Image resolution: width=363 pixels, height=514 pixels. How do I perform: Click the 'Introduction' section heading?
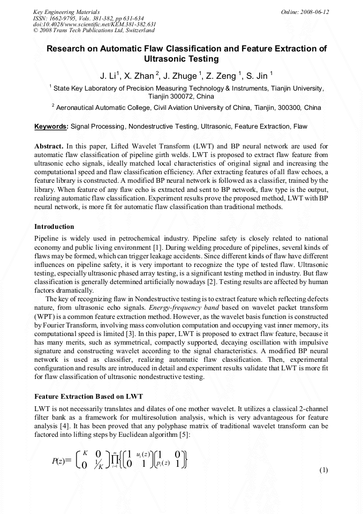[x=54, y=227]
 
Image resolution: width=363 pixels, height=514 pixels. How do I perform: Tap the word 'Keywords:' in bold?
[x=51, y=126]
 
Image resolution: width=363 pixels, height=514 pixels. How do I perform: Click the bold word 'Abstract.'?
[x=49, y=146]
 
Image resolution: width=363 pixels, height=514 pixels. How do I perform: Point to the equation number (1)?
[x=323, y=470]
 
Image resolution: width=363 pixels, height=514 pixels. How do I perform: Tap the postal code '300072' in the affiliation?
[x=163, y=96]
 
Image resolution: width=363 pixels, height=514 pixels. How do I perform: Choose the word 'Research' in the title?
[x=66, y=48]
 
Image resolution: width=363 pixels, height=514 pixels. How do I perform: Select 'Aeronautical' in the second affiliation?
[x=80, y=107]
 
